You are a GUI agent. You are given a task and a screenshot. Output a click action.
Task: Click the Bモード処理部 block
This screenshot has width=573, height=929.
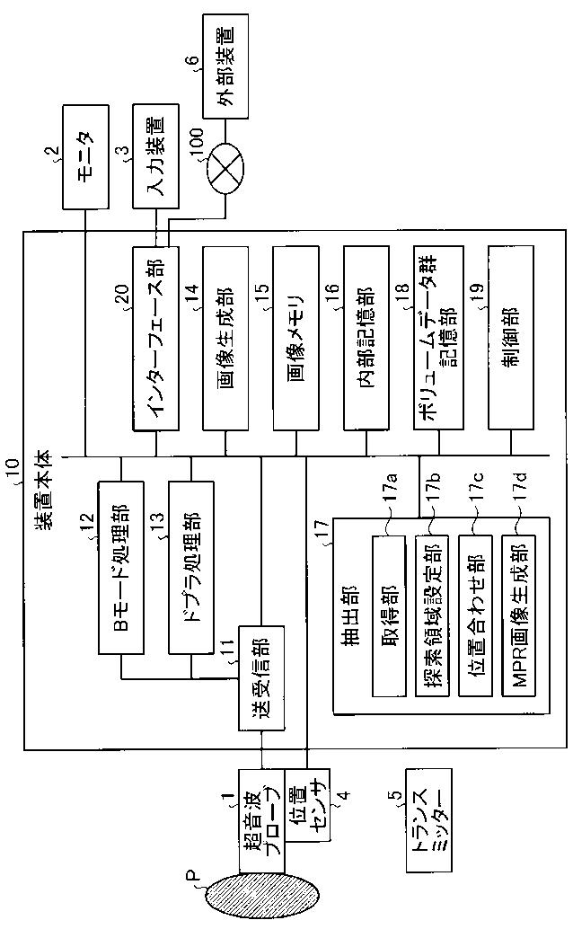119,565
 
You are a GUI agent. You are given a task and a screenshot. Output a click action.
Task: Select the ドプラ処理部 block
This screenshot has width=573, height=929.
191,565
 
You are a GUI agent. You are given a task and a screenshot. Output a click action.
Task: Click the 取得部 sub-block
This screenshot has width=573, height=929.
391,615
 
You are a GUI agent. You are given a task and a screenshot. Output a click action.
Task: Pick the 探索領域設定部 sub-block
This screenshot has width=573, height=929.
436,615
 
